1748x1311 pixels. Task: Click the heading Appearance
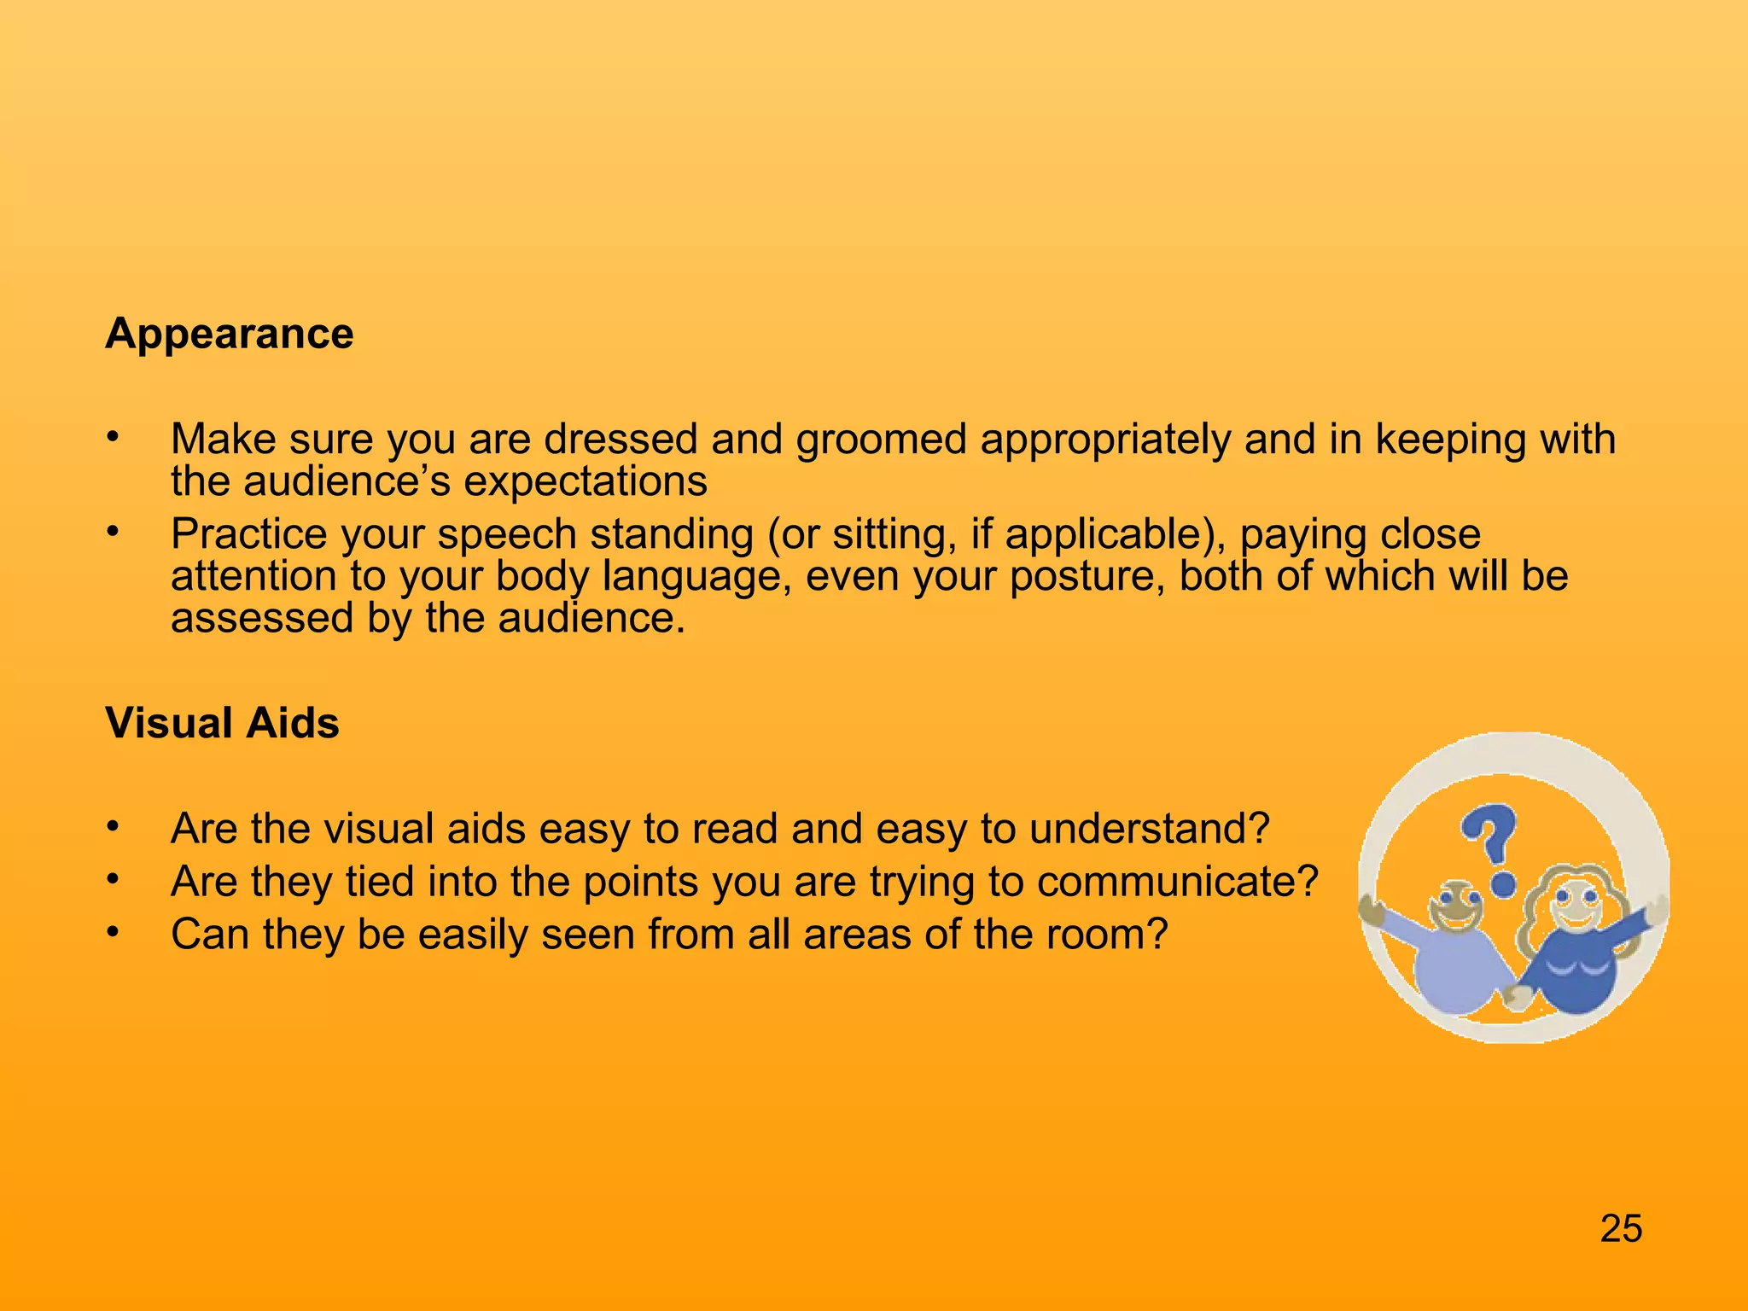229,334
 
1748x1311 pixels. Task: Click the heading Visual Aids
222,723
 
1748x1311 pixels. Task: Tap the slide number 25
1621,1229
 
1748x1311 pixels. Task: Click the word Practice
248,534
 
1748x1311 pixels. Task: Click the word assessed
261,618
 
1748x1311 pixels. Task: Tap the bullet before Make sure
111,439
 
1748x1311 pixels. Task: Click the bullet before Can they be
111,933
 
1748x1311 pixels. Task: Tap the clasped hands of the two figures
1517,995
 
